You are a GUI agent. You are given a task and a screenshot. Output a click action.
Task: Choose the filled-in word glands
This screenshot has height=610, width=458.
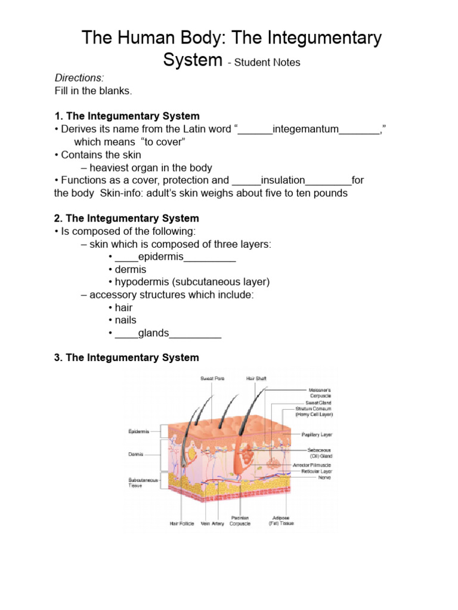pos(153,333)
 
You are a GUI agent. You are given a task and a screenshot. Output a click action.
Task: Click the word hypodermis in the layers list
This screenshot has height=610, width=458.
pos(142,282)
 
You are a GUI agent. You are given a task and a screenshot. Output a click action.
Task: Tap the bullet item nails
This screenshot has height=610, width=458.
pos(125,320)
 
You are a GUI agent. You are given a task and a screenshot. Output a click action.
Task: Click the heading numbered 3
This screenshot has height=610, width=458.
pos(126,357)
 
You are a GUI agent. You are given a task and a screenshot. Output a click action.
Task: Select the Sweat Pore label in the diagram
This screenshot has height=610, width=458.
pos(212,378)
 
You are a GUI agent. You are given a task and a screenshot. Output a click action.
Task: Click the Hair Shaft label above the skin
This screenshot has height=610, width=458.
pos(256,378)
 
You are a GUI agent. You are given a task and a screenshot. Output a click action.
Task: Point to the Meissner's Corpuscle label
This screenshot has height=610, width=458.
pos(320,393)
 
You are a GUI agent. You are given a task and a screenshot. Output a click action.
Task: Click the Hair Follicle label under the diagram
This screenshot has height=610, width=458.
pos(182,524)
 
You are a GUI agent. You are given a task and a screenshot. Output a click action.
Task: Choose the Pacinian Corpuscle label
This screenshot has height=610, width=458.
pos(240,521)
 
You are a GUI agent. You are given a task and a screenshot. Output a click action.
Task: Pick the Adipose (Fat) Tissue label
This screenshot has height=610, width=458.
pos(281,521)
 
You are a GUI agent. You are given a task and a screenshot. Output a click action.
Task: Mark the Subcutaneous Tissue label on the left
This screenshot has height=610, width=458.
pos(141,482)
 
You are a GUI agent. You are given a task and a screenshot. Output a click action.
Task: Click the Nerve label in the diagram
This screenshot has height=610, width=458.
pos(324,477)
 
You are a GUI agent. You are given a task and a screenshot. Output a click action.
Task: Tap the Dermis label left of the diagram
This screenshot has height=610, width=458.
pos(136,454)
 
